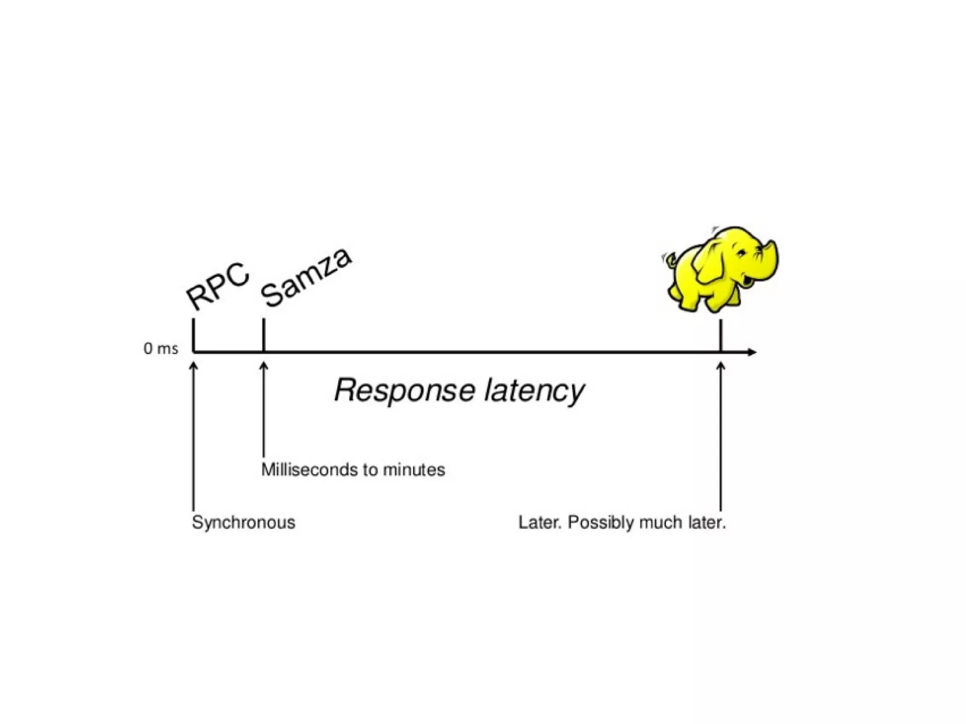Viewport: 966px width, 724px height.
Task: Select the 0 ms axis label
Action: pos(160,349)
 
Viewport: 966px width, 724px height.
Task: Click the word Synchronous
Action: pos(243,523)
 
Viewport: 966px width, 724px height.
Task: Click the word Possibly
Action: pos(601,523)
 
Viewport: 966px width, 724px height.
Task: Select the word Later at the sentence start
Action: pos(540,523)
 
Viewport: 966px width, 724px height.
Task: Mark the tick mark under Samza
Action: pos(263,335)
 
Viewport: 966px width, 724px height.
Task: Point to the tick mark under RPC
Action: pos(193,335)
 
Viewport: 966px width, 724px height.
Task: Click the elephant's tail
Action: pos(670,259)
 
